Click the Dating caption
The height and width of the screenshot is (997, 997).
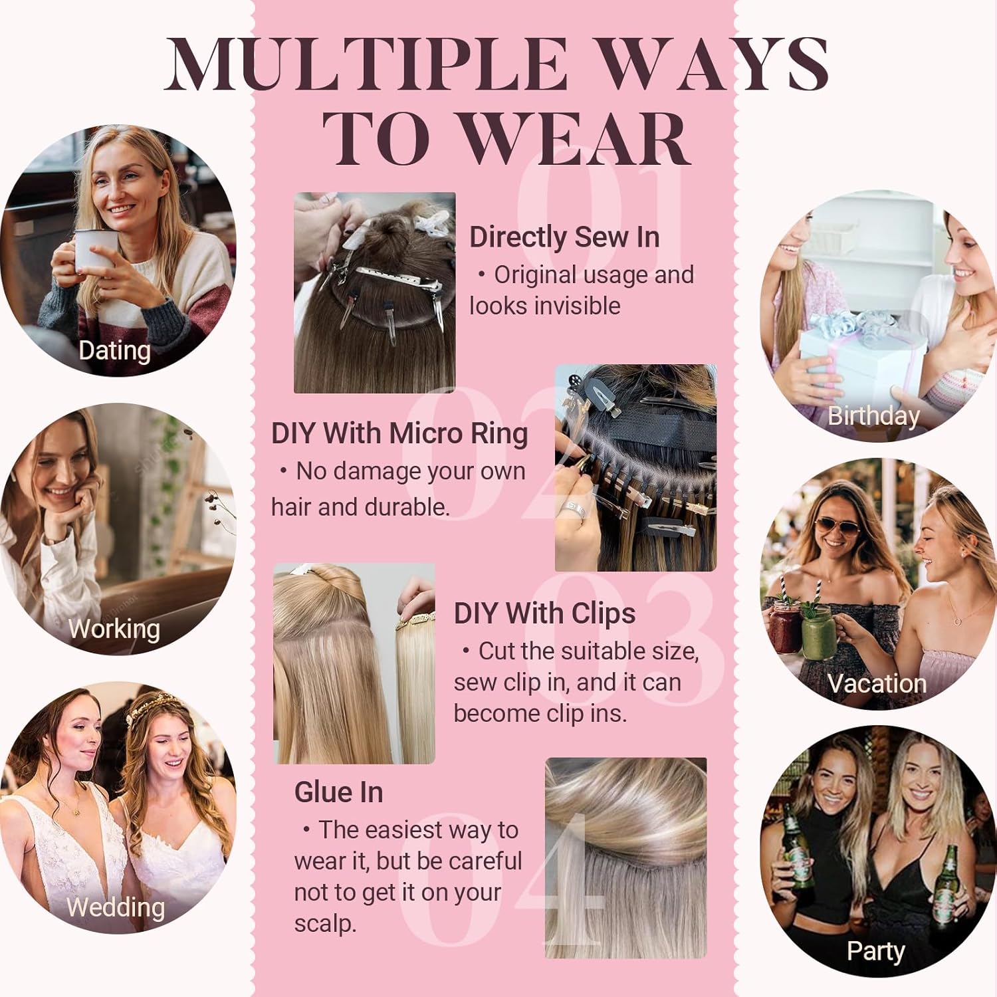tap(114, 350)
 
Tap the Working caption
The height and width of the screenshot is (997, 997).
tap(114, 629)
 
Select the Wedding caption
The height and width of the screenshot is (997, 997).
tap(116, 907)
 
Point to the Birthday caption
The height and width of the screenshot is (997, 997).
tap(873, 416)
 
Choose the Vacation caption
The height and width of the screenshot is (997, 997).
tap(877, 683)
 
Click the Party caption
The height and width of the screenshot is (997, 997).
tap(876, 951)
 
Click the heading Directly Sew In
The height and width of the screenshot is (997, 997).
tap(564, 237)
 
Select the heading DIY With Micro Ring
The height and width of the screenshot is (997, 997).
tap(399, 433)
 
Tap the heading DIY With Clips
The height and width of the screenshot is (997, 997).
tap(544, 613)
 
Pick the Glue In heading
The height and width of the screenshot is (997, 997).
tap(338, 792)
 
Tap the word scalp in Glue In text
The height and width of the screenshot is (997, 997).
tap(325, 924)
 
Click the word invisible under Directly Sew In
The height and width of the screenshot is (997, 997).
tap(578, 306)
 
